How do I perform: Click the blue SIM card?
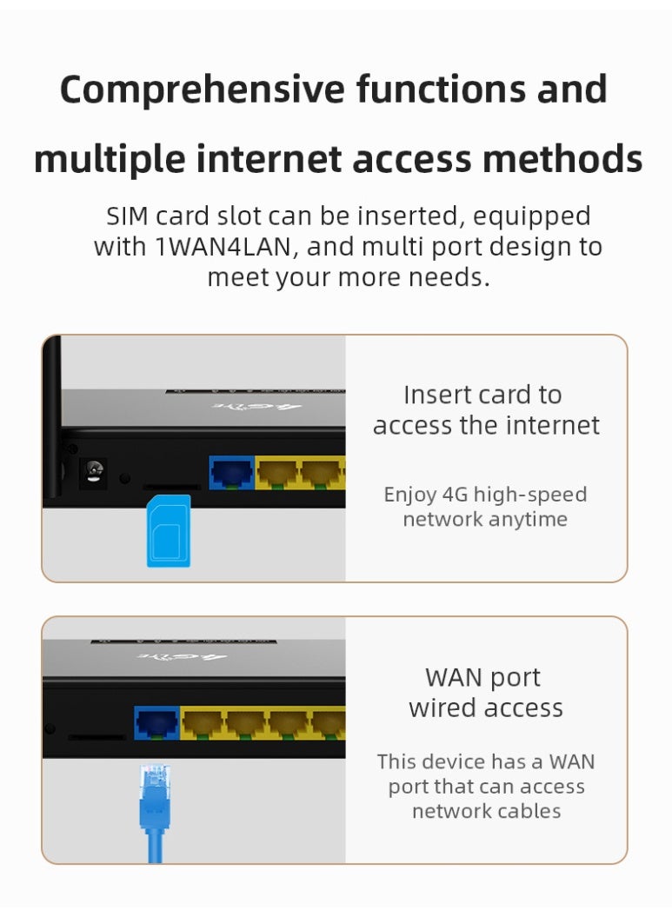169,530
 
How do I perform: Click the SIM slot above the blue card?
170,487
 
